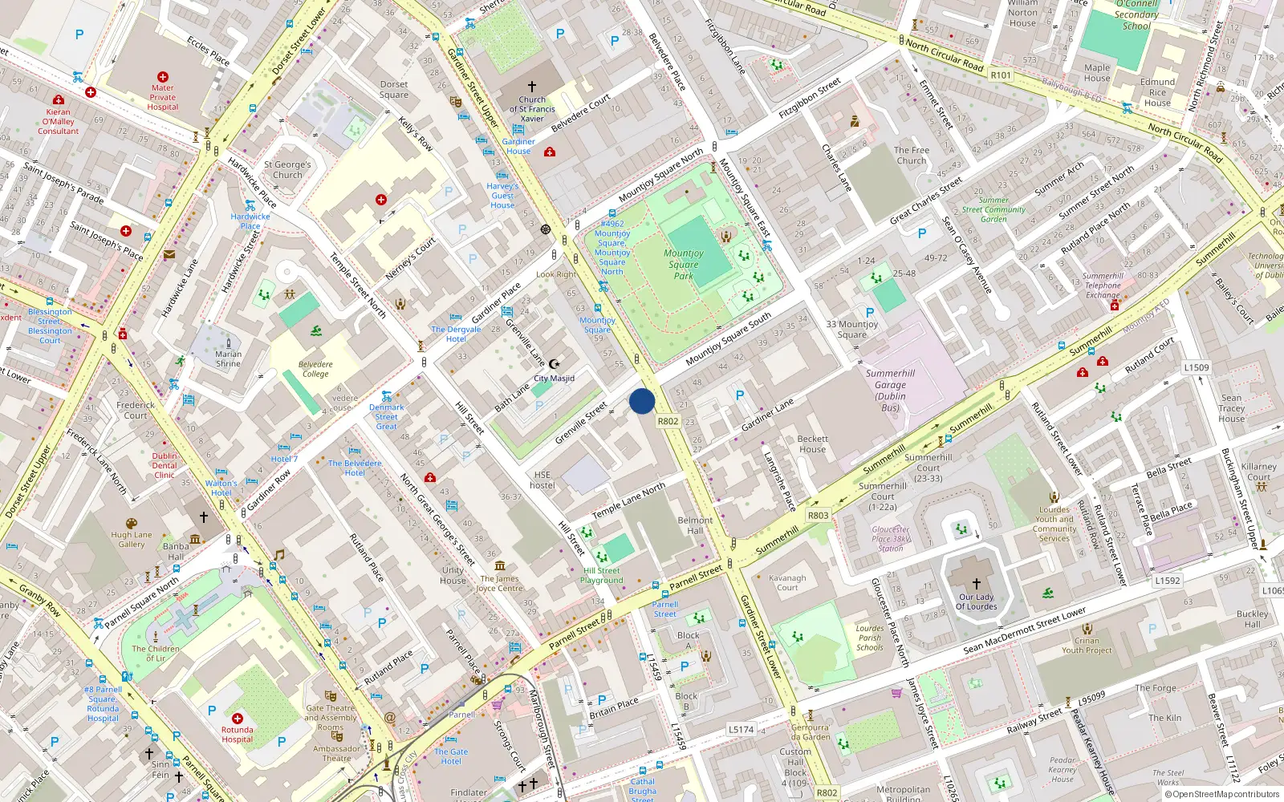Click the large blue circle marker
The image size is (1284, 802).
642,401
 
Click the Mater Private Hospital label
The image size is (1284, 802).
162,97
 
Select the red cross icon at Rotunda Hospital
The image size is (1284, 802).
238,719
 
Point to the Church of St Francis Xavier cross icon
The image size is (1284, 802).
531,86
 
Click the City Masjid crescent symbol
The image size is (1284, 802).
553,364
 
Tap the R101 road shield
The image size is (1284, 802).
1001,75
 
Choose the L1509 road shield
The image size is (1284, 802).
1197,367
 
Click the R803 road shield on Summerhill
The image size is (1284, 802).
818,515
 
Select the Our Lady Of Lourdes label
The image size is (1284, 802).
976,601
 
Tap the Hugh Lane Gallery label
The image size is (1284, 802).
132,539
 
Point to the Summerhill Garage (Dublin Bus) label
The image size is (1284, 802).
890,390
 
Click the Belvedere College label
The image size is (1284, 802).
315,369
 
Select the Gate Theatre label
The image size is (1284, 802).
330,713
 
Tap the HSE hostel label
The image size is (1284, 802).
542,480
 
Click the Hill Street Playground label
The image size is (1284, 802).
601,575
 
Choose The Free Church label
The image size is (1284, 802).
912,155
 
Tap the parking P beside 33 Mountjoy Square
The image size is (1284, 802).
870,313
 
